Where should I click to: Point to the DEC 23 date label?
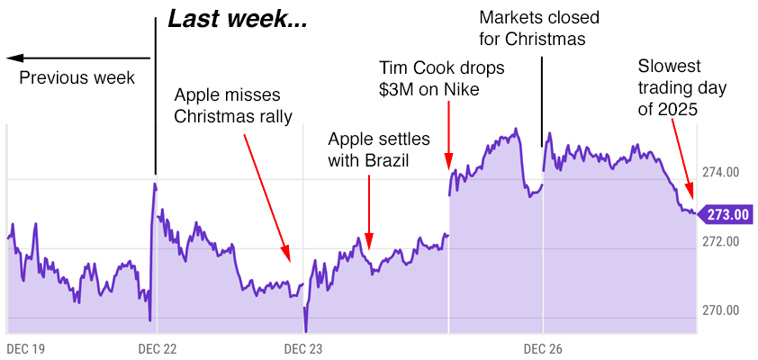pyautogui.click(x=303, y=347)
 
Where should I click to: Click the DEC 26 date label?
pyautogui.click(x=543, y=347)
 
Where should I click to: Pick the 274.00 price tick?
pyautogui.click(x=719, y=172)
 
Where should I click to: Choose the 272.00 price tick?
pyautogui.click(x=719, y=241)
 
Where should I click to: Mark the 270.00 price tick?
pyautogui.click(x=719, y=310)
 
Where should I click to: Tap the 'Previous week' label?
pyautogui.click(x=77, y=78)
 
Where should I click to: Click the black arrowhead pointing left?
pyautogui.click(x=13, y=58)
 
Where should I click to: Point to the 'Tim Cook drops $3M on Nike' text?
pyautogui.click(x=442, y=78)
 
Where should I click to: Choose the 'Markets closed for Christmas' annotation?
pyautogui.click(x=538, y=28)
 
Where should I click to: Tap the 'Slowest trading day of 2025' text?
pyautogui.click(x=681, y=87)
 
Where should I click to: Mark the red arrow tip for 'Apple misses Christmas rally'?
pyautogui.click(x=287, y=258)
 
